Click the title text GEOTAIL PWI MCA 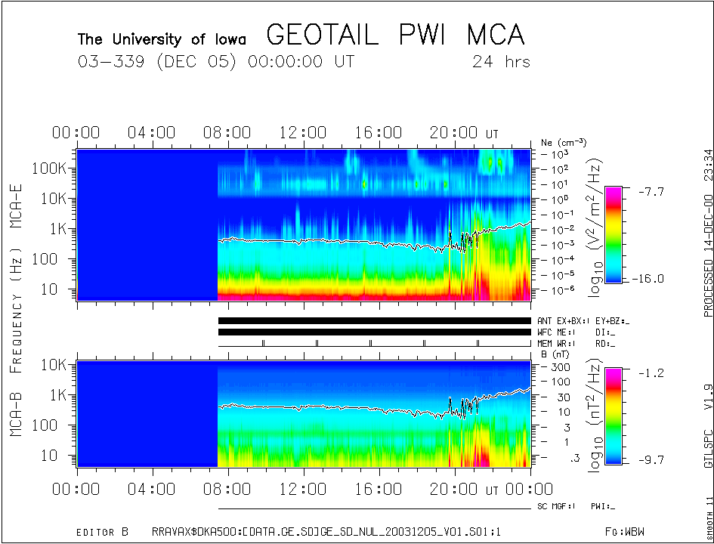pos(395,35)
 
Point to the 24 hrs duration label pos(502,61)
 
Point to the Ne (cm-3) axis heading pos(564,142)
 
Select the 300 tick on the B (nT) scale pos(558,366)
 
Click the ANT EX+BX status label pos(563,321)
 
